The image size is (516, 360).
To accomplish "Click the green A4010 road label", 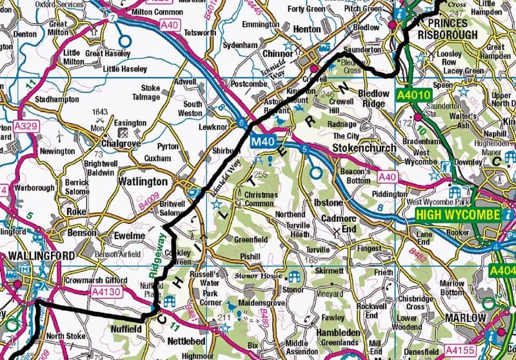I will (x=412, y=95).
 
